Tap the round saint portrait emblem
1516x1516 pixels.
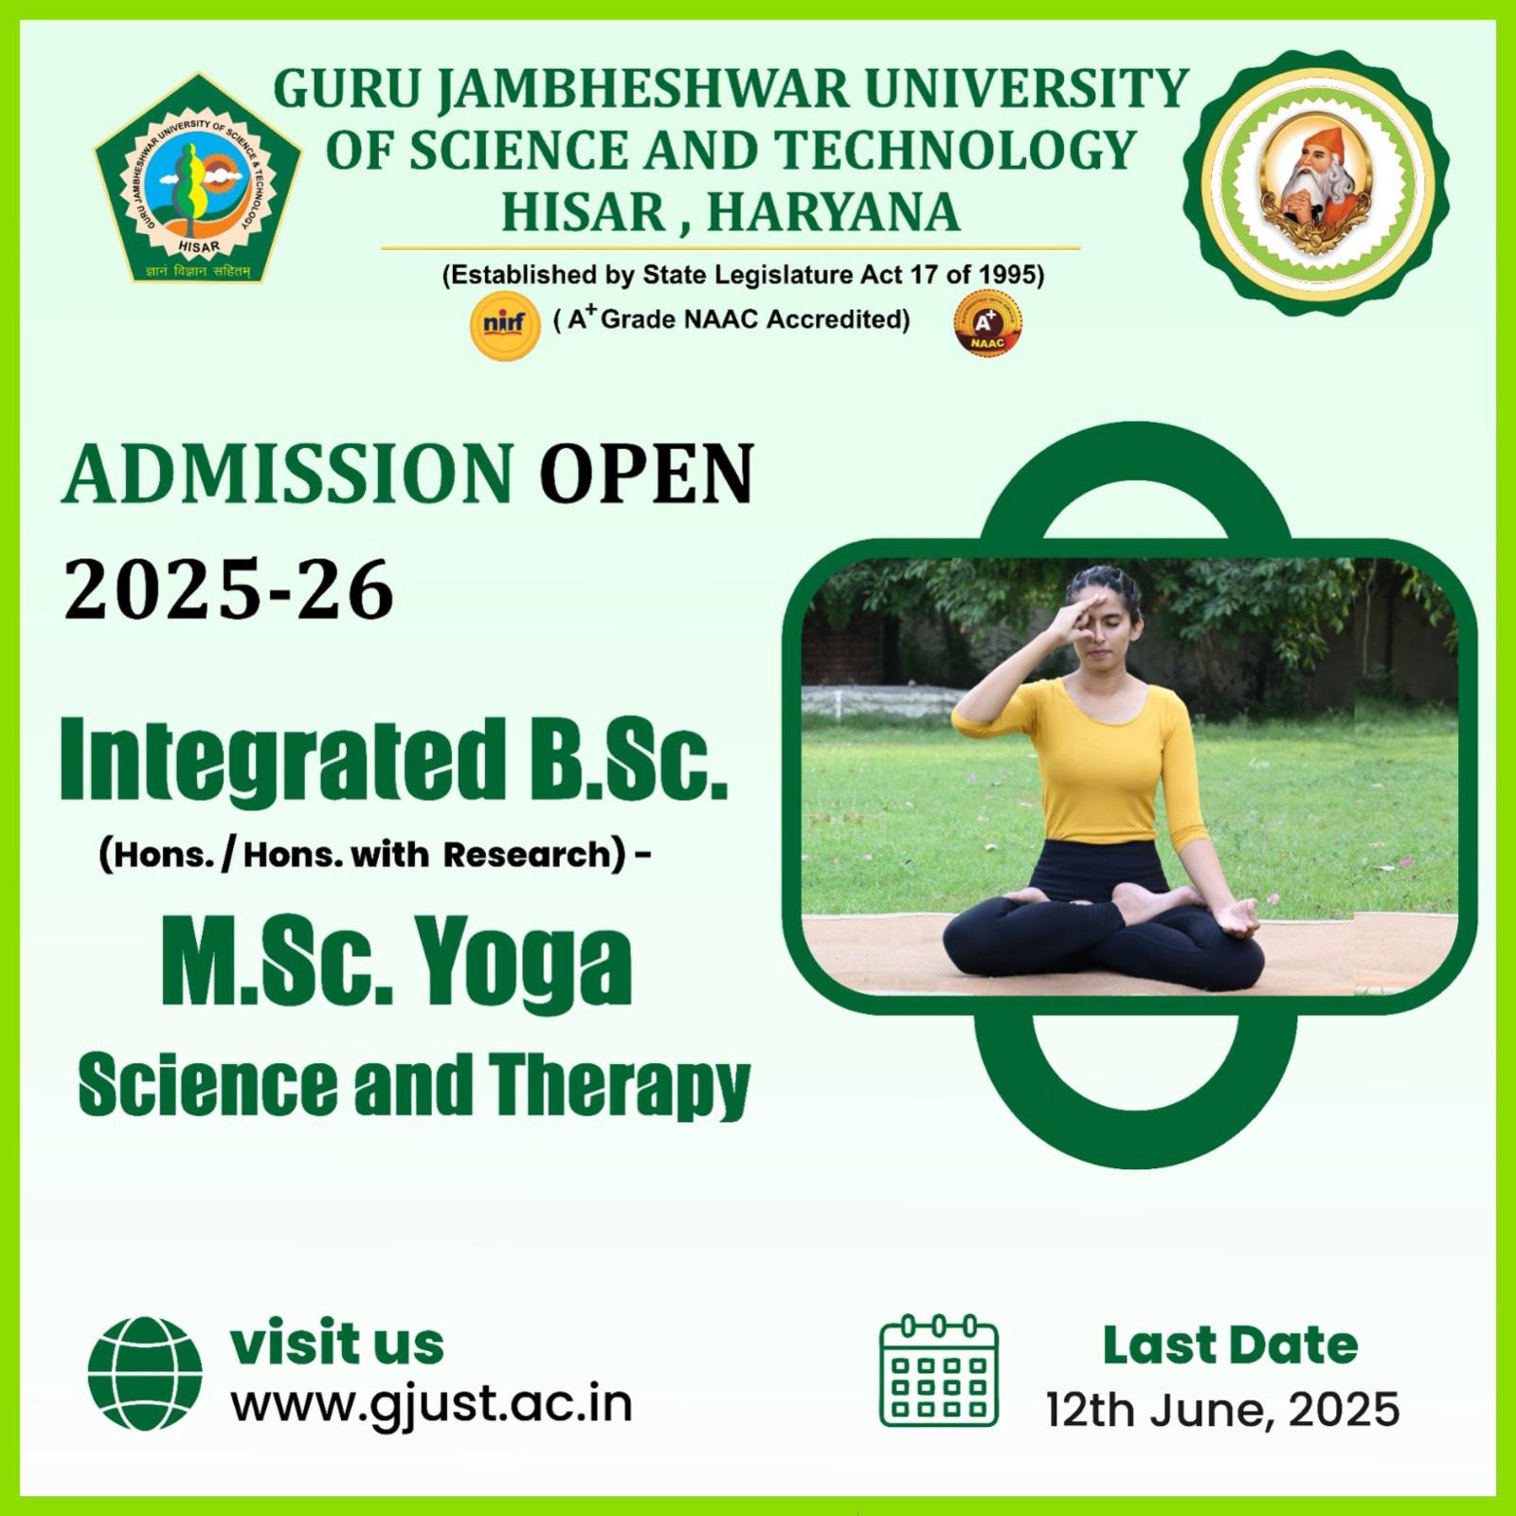click(x=1316, y=183)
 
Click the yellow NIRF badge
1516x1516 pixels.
click(x=505, y=325)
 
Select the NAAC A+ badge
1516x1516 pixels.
click(x=987, y=323)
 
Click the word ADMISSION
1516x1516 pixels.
click(x=289, y=475)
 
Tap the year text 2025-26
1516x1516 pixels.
click(x=228, y=589)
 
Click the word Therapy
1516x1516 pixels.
click(x=620, y=1086)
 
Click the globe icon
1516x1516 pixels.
click(x=145, y=1373)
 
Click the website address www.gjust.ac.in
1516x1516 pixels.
click(x=432, y=1404)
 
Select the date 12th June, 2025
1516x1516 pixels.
click(x=1222, y=1410)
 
